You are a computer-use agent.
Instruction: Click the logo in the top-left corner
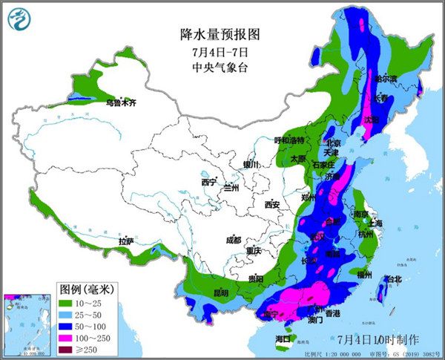tap(21, 21)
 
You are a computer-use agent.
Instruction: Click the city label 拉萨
tap(125, 240)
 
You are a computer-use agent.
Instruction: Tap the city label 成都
tap(234, 240)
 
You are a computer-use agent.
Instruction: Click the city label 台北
tap(392, 279)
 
